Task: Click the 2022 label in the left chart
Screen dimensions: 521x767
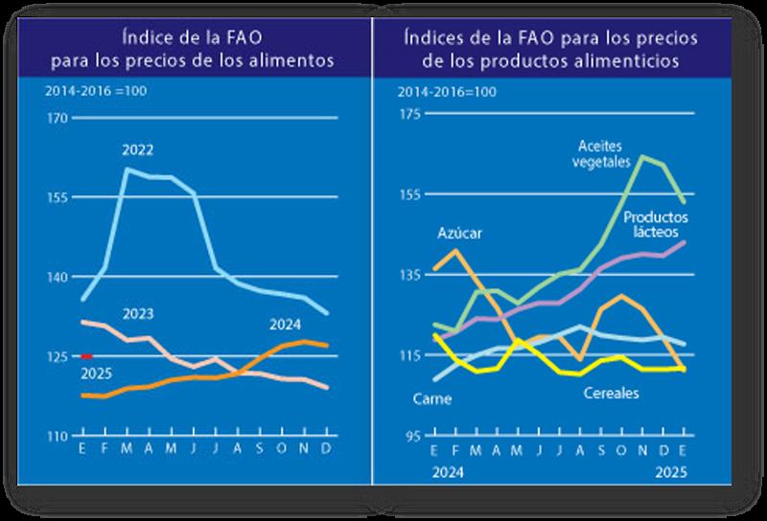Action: coord(138,150)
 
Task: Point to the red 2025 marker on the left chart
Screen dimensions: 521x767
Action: coord(85,356)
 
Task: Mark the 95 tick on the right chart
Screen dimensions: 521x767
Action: coord(412,436)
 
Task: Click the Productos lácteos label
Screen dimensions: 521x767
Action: coord(652,225)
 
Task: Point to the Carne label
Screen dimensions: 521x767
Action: coord(429,397)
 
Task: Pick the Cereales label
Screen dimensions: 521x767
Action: coord(612,393)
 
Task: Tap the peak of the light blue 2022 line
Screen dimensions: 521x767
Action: coord(128,169)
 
